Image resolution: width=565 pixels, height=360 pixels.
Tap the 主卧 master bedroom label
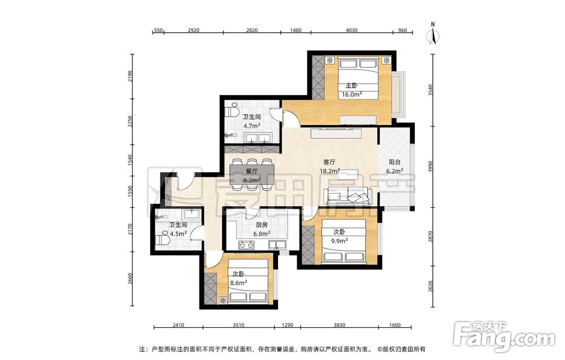pyautogui.click(x=351, y=86)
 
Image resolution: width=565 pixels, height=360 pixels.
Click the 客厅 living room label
pyautogui.click(x=329, y=163)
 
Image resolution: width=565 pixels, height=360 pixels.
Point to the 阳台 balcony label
pyautogui.click(x=394, y=163)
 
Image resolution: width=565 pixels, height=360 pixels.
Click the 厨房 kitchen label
pyautogui.click(x=262, y=225)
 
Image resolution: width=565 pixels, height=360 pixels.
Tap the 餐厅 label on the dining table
pyautogui.click(x=252, y=172)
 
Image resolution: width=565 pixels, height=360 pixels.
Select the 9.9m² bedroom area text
pyautogui.click(x=340, y=241)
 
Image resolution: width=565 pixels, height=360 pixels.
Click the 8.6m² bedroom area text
pyautogui.click(x=238, y=283)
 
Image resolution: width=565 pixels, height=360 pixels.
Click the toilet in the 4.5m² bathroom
pyautogui.click(x=162, y=240)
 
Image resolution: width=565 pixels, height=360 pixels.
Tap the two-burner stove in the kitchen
pyautogui.click(x=246, y=245)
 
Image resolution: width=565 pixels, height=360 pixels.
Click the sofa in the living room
pyautogui.click(x=347, y=196)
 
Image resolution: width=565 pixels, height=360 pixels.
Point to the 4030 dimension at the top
pyautogui.click(x=351, y=31)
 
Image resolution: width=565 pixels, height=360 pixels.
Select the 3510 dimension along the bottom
pyautogui.click(x=238, y=325)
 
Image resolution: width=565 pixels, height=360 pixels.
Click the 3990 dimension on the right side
pyautogui.click(x=429, y=167)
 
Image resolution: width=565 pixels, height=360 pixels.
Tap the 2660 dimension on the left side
pyautogui.click(x=131, y=279)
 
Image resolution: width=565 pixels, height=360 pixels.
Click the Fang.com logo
pyautogui.click(x=504, y=336)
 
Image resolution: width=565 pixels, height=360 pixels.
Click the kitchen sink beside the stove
pyautogui.click(x=277, y=245)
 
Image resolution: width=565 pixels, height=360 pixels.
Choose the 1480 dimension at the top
pyautogui.click(x=295, y=31)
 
